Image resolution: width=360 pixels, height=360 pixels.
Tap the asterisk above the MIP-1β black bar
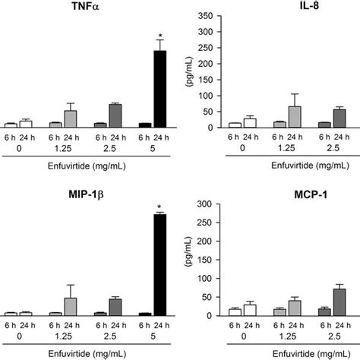[x=159, y=207]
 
